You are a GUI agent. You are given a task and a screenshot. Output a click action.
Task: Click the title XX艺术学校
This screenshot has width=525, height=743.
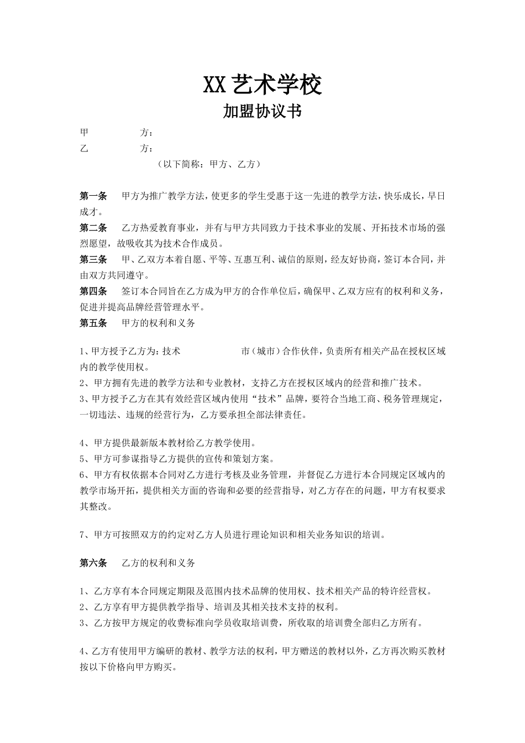262,85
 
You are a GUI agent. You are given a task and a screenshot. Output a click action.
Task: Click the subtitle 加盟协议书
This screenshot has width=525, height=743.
262,112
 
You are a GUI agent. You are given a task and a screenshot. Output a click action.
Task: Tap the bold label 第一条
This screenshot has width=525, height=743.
93,196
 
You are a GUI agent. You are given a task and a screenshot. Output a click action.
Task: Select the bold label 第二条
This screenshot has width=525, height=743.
93,228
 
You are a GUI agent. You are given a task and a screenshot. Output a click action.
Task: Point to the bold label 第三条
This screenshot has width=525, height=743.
93,259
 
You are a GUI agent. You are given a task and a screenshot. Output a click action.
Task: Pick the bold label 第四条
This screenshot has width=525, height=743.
93,291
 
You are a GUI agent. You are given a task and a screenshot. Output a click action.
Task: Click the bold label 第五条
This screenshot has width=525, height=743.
93,323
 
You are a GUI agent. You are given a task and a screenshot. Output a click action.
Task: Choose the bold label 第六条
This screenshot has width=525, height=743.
93,563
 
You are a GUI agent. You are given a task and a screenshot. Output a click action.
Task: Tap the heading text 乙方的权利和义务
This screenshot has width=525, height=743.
158,563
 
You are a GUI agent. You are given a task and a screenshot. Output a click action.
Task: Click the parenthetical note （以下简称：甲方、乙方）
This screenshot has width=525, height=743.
208,164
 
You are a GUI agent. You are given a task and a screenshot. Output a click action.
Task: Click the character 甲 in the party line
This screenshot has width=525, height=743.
85,133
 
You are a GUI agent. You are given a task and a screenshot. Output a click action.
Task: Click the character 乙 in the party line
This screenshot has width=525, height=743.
85,148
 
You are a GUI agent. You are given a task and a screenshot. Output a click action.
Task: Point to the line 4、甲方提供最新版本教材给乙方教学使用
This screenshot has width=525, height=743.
169,443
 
